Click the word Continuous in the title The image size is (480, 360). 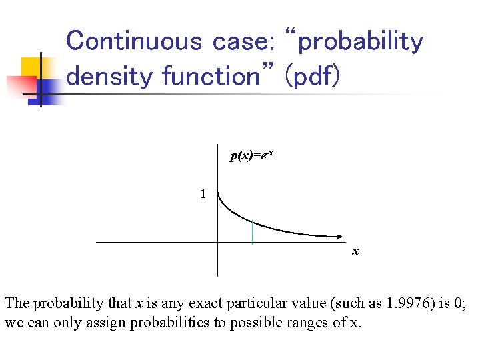(x=134, y=41)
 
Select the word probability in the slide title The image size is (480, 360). (x=361, y=41)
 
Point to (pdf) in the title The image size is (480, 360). (x=313, y=76)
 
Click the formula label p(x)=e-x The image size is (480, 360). (x=251, y=155)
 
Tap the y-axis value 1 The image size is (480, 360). (x=203, y=194)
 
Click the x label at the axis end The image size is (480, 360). (x=355, y=251)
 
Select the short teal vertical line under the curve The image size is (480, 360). (x=252, y=232)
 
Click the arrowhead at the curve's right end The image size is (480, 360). (x=342, y=236)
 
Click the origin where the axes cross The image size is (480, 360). (x=217, y=241)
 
